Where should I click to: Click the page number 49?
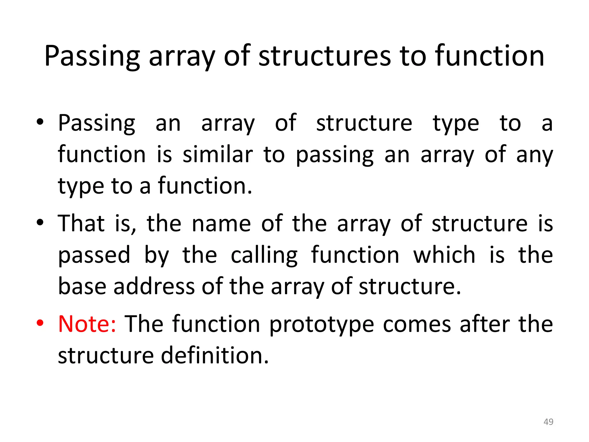tap(548, 422)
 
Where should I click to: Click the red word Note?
tap(87, 324)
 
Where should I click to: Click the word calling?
tap(264, 255)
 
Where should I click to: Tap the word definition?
tap(215, 356)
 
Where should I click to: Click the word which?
tap(444, 255)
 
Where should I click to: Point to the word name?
tap(221, 224)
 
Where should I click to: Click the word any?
tap(534, 155)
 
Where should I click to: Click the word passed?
tap(94, 255)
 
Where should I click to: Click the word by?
tap(156, 255)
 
